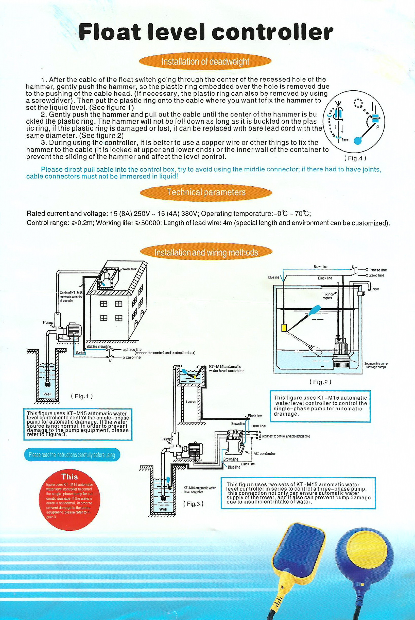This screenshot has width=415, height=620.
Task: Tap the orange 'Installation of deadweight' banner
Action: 205,62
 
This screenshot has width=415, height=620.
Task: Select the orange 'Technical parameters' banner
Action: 206,192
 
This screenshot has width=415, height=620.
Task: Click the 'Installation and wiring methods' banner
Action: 206,252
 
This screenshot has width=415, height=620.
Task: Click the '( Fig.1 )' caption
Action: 82,396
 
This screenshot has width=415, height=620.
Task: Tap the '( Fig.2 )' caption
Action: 320,382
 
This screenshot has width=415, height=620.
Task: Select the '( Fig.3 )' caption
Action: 193,504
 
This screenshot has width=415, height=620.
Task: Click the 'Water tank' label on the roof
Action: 129,269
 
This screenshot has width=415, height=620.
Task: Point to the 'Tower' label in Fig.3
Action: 191,401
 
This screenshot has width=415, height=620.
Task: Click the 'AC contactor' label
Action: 264,454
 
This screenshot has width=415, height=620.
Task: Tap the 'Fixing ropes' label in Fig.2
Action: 327,296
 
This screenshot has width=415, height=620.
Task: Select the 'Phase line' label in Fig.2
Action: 378,270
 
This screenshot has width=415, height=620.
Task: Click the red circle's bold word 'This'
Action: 70,477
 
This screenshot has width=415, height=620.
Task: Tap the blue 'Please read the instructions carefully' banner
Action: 72,455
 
